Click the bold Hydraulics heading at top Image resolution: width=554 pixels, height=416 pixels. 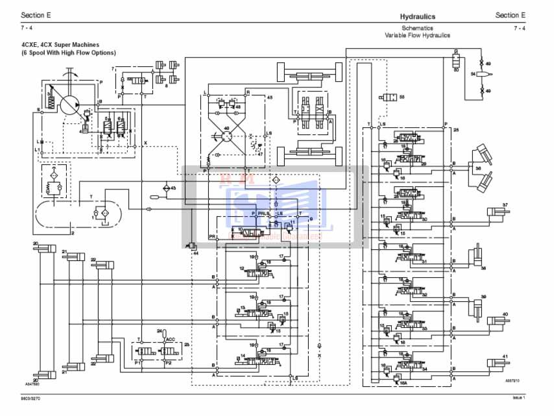pos(417,16)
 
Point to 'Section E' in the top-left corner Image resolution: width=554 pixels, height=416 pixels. pos(34,14)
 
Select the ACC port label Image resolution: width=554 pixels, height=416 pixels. pos(171,339)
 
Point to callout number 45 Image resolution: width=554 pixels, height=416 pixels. pos(270,97)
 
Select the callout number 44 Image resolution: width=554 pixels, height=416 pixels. pos(195,252)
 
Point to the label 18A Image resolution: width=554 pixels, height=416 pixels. pos(403,383)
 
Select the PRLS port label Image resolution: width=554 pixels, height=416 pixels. pos(263,213)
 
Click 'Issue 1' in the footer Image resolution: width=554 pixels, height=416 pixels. pos(518,397)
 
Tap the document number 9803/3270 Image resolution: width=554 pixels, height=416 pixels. pos(30,397)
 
